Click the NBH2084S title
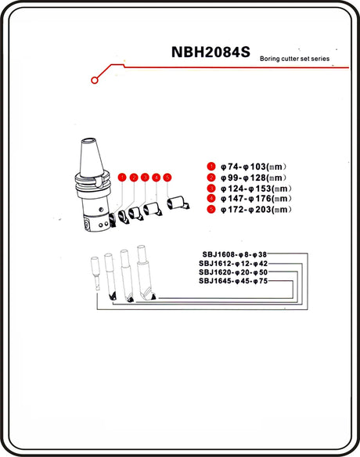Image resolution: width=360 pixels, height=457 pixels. click(211, 52)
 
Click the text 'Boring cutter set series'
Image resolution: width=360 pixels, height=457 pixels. click(294, 59)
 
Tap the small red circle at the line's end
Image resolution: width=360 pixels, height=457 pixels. click(95, 80)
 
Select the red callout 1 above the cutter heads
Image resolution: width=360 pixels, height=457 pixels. click(122, 177)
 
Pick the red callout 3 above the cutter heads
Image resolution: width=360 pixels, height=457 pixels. click(145, 177)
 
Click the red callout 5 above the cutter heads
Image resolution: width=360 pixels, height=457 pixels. click(167, 177)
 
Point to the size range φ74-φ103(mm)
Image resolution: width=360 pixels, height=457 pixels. click(254, 167)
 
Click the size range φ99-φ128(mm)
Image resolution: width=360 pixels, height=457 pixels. click(254, 178)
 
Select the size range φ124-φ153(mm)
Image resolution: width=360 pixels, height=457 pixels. click(256, 189)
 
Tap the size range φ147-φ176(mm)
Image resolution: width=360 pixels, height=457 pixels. click(256, 199)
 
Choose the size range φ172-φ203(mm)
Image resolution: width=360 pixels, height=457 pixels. click(256, 209)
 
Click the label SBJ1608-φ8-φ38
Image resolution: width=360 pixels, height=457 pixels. click(235, 254)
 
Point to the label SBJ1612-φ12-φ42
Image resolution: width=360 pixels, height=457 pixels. click(233, 264)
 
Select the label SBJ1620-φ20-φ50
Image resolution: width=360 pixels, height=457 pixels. click(233, 272)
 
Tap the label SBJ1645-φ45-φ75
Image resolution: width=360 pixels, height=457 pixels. click(233, 281)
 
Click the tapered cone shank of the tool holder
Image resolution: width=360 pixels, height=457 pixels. click(92, 158)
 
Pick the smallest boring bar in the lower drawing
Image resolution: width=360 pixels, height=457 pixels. click(95, 273)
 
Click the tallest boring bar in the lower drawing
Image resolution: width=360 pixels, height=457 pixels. click(145, 272)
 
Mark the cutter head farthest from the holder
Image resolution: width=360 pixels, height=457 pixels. click(178, 203)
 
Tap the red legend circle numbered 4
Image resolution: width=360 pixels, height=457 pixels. click(211, 199)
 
